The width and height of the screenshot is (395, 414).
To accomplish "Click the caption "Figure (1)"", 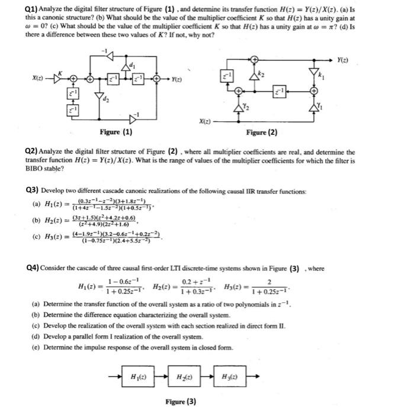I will [x=116, y=131].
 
